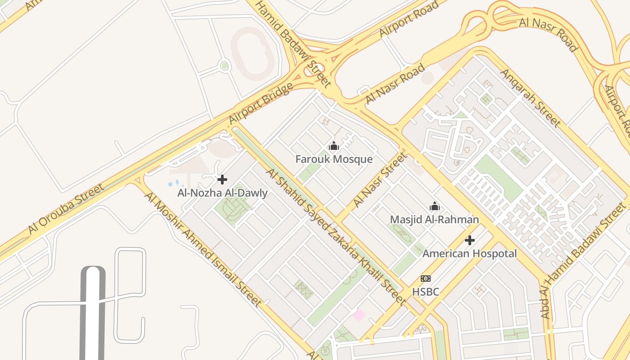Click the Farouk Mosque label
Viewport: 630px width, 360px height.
(334, 159)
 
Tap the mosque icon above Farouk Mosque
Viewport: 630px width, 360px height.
(334, 146)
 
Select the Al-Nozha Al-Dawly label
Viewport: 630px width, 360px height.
(222, 193)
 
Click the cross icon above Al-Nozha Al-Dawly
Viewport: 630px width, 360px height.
(222, 180)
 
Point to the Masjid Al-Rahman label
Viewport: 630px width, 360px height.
(434, 220)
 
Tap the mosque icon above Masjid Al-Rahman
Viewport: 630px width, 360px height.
(435, 206)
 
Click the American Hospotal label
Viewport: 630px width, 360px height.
(469, 254)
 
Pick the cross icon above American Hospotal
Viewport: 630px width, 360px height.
(470, 240)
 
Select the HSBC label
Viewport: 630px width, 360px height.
(425, 292)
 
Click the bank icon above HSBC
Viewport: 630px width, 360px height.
(425, 279)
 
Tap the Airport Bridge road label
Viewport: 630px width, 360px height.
(261, 103)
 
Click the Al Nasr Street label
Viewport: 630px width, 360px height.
(380, 180)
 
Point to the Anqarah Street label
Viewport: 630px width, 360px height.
(531, 98)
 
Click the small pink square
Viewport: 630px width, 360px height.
(359, 315)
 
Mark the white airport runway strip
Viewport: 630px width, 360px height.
(92, 315)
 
